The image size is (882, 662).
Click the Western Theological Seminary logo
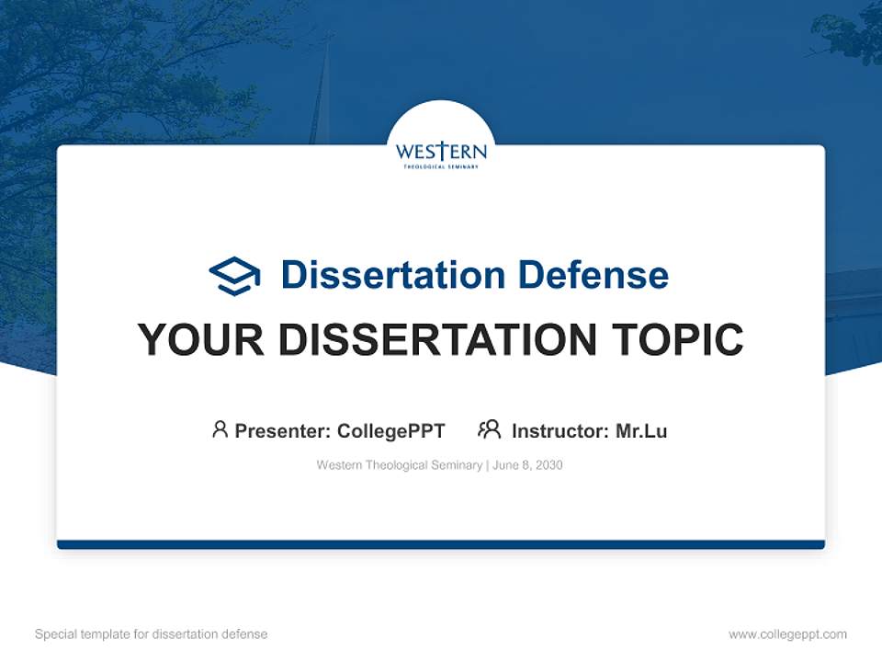[441, 154]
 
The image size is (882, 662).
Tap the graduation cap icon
[234, 276]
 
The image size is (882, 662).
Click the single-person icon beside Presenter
[220, 429]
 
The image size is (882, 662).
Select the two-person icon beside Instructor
[489, 429]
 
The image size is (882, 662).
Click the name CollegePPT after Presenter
[391, 430]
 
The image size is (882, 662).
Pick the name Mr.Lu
[641, 430]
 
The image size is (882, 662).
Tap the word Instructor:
[560, 430]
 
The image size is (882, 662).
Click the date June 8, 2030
[527, 465]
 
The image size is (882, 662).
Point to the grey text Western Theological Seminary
[399, 465]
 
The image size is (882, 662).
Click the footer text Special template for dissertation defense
[152, 634]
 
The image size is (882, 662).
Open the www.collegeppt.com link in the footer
[787, 634]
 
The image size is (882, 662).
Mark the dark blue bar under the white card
[441, 544]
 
